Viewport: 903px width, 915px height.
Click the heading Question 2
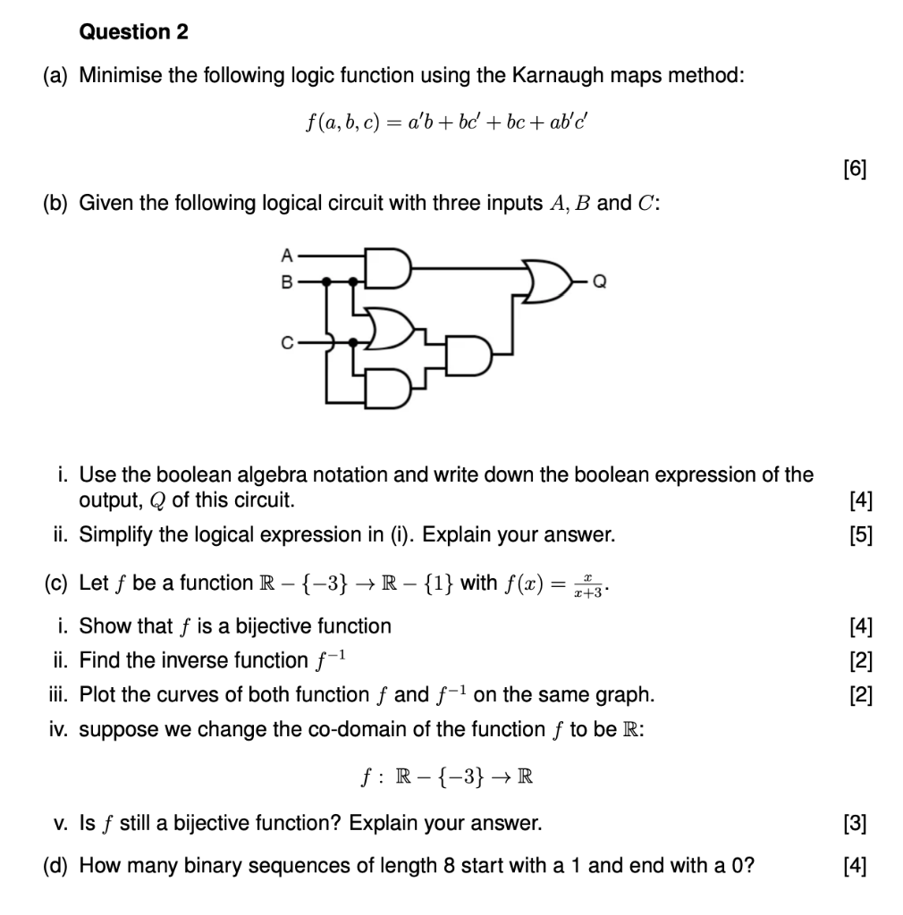pos(134,32)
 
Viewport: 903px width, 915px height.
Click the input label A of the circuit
pos(286,254)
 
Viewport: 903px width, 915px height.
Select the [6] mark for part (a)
pos(854,167)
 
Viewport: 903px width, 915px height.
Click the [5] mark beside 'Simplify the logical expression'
pos(861,535)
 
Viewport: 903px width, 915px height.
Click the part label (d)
pos(58,865)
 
